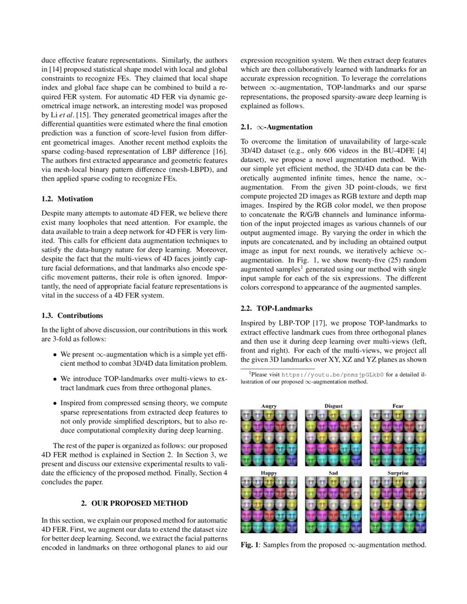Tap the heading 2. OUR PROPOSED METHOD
(135, 503)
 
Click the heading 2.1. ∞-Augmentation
(277, 127)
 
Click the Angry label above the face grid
(269, 406)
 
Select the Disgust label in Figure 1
(333, 406)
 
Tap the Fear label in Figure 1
(398, 406)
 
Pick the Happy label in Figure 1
(269, 472)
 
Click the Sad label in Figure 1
(333, 472)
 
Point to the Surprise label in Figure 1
(398, 472)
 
